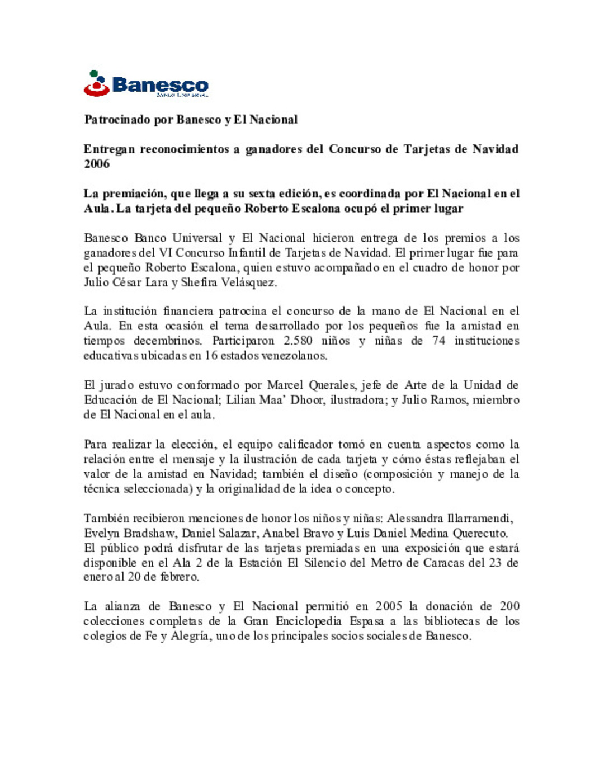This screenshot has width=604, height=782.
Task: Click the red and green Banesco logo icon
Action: click(x=96, y=83)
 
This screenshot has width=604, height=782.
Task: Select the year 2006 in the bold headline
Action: click(x=96, y=163)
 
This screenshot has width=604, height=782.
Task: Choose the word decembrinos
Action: click(x=168, y=341)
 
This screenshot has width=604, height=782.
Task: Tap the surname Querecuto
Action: click(x=479, y=533)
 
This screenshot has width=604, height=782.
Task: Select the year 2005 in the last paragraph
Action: click(x=389, y=606)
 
